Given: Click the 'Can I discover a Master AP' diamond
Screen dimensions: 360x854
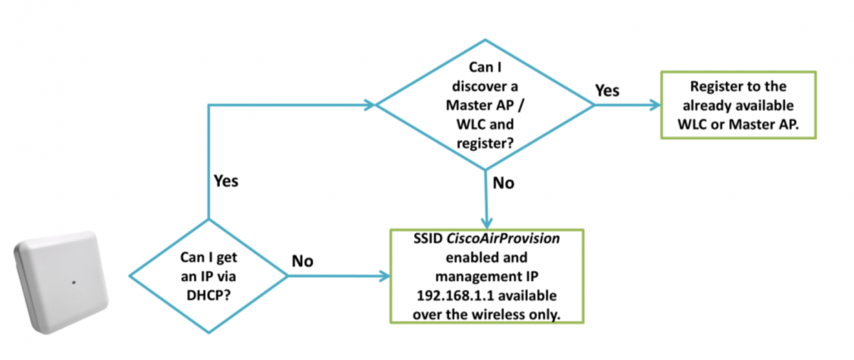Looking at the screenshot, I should coord(485,105).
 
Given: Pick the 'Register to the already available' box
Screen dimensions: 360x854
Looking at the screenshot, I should coord(738,105).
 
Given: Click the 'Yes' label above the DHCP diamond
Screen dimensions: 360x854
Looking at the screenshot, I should coord(226,181).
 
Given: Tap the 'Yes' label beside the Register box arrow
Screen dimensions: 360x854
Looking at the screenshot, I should coord(606,90).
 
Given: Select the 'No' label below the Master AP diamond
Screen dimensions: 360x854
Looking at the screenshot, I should coord(503,183).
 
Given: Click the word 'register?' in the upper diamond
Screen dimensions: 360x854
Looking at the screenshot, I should coord(485,141).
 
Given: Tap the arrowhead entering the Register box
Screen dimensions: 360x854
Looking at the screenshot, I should coord(655,105).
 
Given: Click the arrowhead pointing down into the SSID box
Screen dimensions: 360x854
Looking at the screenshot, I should coord(486,223).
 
